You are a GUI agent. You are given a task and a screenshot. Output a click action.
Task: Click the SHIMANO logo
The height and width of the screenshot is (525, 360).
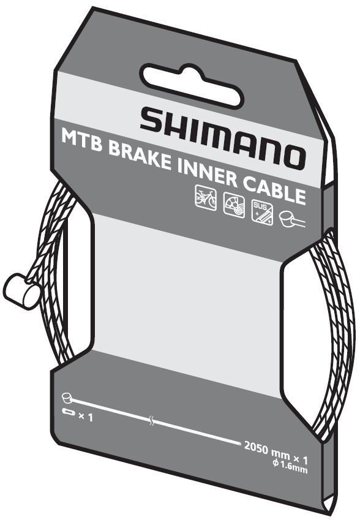click(x=223, y=137)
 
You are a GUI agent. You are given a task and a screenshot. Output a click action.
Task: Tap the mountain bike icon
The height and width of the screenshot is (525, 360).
click(x=206, y=197)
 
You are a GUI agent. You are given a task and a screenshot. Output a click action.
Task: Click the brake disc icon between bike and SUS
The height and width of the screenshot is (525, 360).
click(x=234, y=205)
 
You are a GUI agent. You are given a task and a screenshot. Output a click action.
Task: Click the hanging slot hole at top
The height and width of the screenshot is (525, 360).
click(x=192, y=86)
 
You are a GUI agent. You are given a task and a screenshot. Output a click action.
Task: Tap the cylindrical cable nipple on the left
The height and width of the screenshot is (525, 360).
click(x=21, y=291)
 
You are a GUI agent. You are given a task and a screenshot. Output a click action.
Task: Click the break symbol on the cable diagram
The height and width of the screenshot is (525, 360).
click(x=152, y=421)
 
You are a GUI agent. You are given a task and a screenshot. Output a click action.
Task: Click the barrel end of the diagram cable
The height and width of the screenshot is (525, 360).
click(x=67, y=398)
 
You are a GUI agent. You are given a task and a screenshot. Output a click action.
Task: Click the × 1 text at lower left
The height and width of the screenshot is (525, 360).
click(x=86, y=417)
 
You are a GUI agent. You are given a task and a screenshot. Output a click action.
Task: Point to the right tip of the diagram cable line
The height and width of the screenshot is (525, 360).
click(x=240, y=444)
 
